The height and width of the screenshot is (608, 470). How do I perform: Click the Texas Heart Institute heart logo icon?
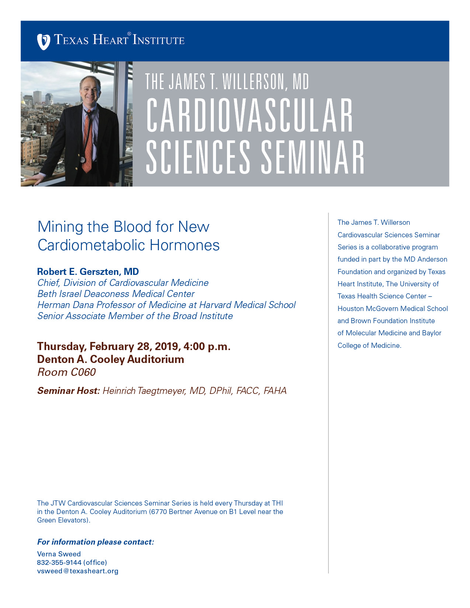[43, 41]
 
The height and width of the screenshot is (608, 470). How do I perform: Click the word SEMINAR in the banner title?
[313, 157]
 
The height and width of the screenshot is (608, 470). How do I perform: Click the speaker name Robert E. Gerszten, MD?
[88, 272]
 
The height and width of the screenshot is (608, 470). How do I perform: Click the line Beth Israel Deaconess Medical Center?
[116, 294]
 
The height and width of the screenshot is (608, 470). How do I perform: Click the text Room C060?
[66, 372]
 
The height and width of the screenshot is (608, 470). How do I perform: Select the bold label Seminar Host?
[69, 391]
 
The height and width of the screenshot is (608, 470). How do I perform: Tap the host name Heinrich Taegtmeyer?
[145, 391]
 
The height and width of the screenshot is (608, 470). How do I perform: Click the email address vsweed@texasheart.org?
[78, 571]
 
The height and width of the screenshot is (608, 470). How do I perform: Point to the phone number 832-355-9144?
[59, 563]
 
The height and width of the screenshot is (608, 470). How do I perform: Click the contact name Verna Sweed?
[59, 554]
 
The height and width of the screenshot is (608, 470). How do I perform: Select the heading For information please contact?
[95, 542]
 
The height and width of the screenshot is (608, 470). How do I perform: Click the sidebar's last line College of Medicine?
[369, 346]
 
